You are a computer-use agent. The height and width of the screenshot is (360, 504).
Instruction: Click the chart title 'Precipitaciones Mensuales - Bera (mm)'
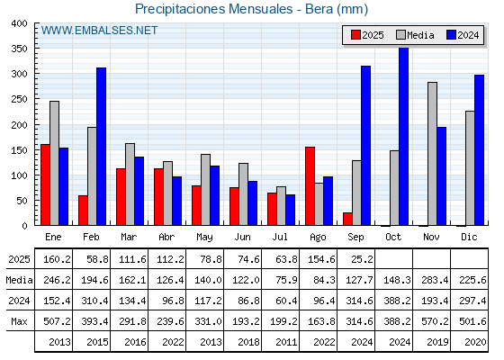pos(251,9)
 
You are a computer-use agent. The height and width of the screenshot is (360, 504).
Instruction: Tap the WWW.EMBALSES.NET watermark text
pos(99,31)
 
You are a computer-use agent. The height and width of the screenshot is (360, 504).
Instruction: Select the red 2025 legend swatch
pos(355,35)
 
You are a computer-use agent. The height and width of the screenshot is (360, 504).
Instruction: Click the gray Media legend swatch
pos(401,35)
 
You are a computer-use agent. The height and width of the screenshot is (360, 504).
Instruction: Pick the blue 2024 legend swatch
pos(451,35)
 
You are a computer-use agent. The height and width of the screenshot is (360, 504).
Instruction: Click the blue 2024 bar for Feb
pos(101,147)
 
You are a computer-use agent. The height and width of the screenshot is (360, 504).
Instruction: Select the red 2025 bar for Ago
pos(310,186)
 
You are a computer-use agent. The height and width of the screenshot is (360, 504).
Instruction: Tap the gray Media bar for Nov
pos(433,154)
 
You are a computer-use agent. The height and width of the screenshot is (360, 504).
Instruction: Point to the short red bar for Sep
pos(347,219)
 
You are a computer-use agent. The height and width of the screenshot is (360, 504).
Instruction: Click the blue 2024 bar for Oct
pos(404,137)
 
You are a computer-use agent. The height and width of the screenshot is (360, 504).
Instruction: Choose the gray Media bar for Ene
pos(54,163)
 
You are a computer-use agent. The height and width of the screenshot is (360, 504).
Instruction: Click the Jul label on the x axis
pos(280,238)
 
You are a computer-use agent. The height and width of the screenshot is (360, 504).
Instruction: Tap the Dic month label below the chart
pos(469,238)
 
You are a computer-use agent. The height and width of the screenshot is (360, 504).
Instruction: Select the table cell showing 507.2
pos(57,321)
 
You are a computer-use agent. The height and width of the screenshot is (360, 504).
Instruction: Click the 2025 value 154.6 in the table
pos(321,259)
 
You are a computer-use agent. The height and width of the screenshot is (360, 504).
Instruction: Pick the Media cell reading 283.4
pos(435,280)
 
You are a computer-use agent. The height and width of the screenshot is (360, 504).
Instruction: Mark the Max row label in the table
pos(19,321)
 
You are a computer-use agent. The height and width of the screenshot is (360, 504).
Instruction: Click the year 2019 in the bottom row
pos(437,342)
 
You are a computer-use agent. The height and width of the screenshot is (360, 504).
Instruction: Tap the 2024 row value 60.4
pos(286,301)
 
